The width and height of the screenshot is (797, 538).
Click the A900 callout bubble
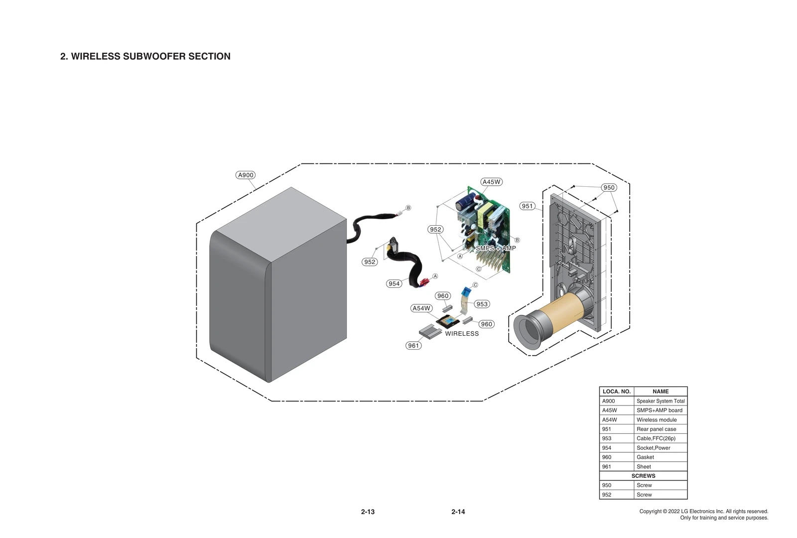click(246, 175)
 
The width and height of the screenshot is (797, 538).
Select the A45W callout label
click(491, 182)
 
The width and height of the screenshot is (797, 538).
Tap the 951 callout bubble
click(527, 206)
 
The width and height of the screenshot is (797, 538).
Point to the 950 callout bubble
click(609, 187)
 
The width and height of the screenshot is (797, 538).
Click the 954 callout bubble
click(394, 283)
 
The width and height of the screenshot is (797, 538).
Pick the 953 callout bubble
click(482, 304)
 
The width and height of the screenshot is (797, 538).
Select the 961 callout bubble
click(413, 345)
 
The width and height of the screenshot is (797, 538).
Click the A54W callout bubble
click(421, 308)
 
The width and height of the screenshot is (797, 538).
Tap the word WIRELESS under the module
click(462, 334)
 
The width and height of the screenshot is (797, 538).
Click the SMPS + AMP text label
click(496, 248)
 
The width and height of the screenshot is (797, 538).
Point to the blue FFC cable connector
click(466, 291)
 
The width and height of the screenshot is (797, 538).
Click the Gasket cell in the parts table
click(645, 457)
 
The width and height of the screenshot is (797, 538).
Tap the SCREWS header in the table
click(643, 476)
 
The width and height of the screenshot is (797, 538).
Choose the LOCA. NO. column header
click(616, 392)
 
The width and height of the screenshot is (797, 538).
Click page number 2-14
click(458, 512)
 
